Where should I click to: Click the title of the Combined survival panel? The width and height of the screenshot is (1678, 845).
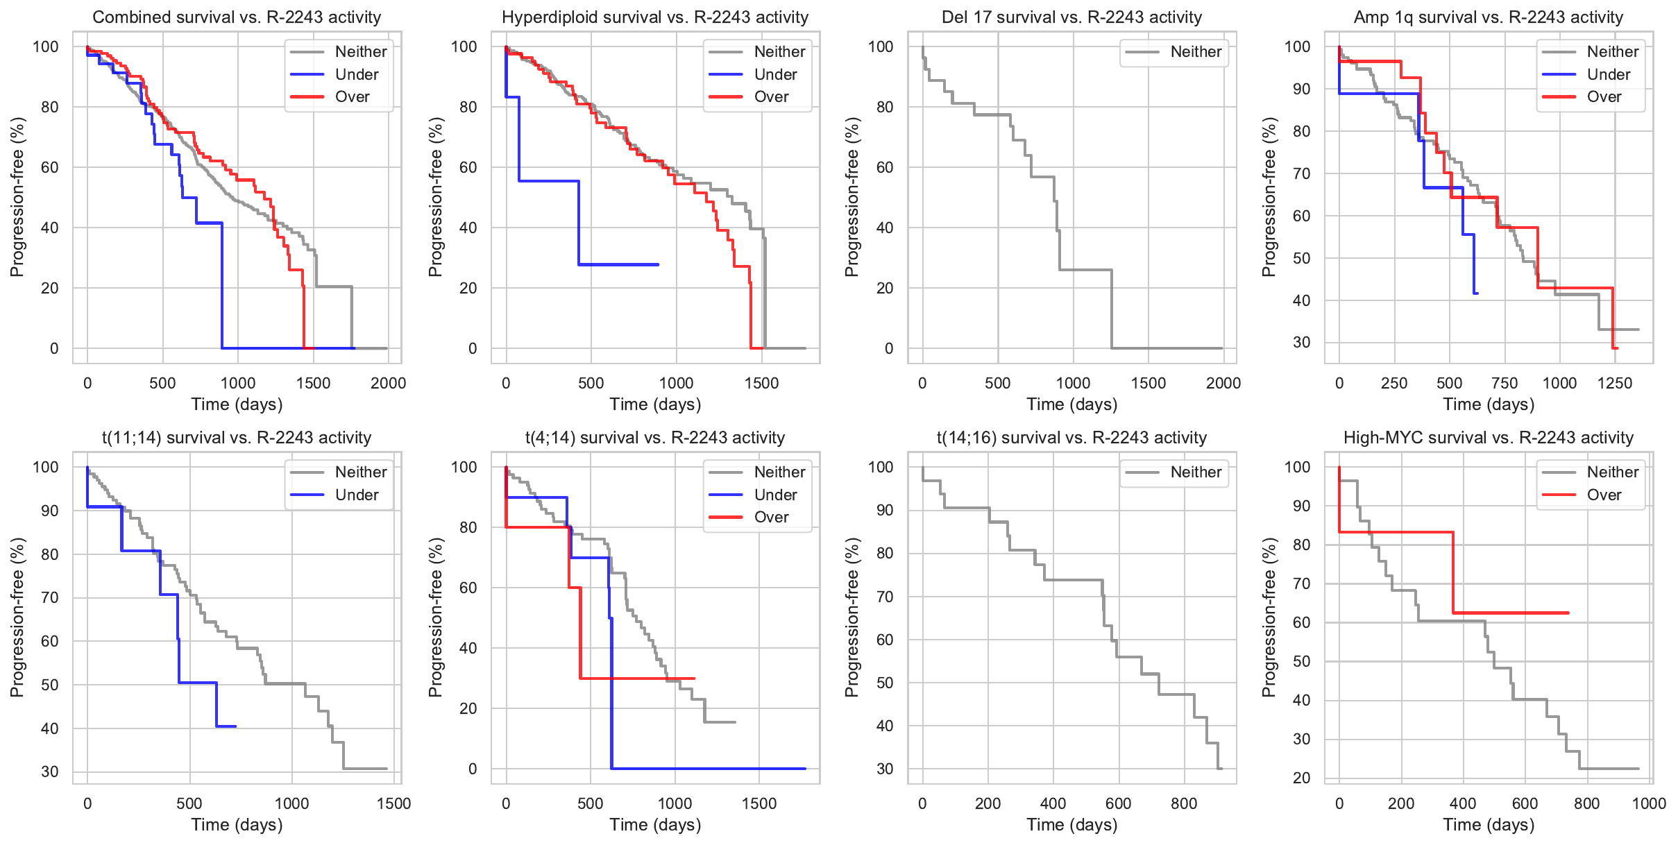coord(237,17)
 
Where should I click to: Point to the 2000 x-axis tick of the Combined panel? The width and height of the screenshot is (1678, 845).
coord(388,383)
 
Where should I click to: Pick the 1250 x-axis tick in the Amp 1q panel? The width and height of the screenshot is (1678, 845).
coord(1615,383)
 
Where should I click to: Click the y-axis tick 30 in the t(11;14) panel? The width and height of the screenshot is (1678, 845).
coord(50,771)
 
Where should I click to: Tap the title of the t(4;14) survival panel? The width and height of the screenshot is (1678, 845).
coord(654,438)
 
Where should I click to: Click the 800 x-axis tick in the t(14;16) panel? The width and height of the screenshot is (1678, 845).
coord(1184,803)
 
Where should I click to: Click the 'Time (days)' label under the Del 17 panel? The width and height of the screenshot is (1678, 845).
coord(1071,404)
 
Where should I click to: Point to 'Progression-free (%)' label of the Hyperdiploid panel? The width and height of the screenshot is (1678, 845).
coord(435,197)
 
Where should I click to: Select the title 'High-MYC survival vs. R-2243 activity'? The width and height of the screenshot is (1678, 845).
coord(1488,438)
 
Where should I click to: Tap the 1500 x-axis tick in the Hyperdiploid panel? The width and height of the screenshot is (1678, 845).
coord(761,383)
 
